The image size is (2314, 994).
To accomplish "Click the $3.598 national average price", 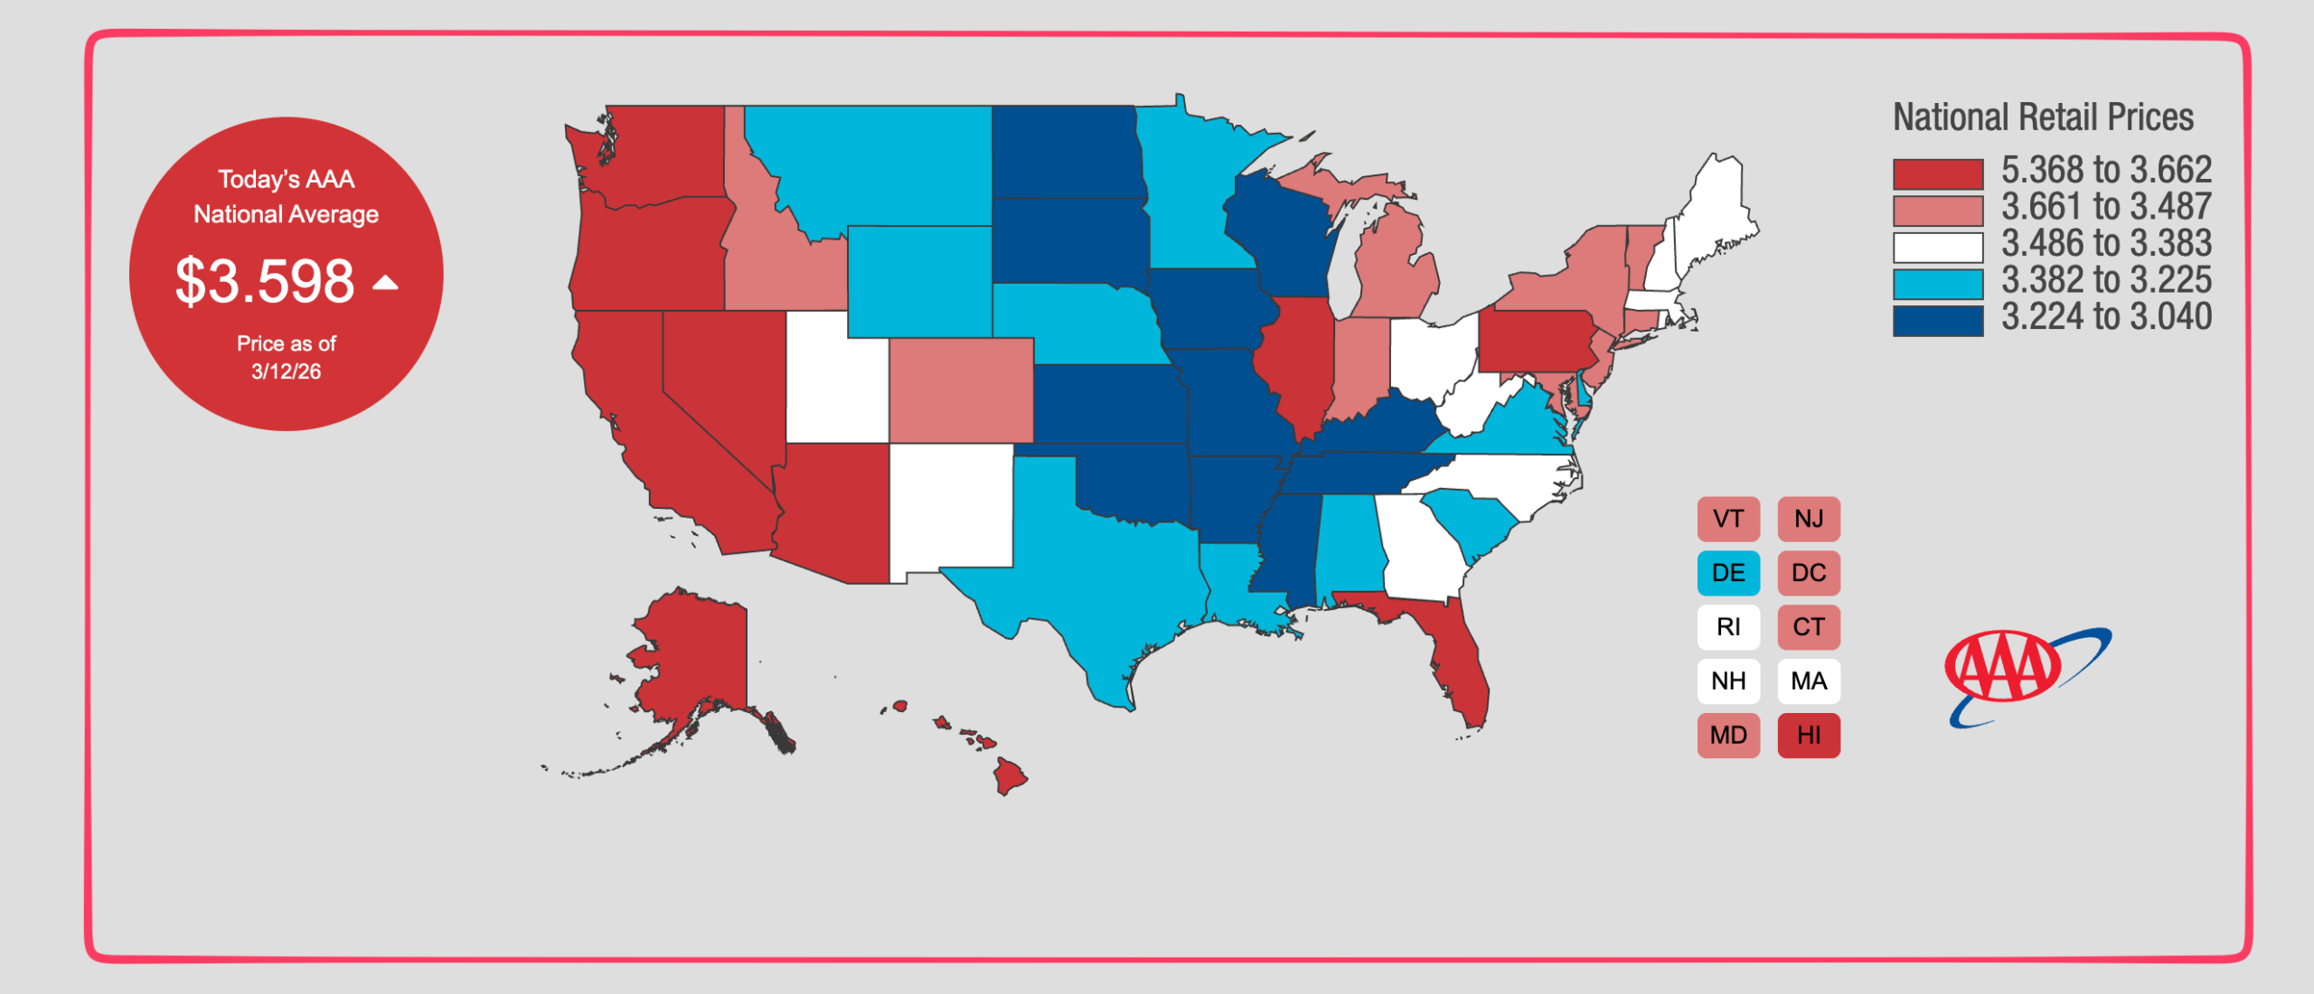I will click(264, 281).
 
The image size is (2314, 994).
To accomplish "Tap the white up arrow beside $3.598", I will click(386, 283).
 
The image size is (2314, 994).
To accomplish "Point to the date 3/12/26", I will click(286, 371).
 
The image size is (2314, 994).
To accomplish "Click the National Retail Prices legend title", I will click(2043, 117).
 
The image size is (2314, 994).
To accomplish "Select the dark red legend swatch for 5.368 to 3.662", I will click(1938, 173).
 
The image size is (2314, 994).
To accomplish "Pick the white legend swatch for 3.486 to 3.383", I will click(1938, 247).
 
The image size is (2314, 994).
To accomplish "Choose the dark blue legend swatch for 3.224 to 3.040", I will click(1938, 320).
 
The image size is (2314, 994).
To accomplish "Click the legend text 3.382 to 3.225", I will click(2106, 280).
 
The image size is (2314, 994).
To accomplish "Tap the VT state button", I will click(1728, 519).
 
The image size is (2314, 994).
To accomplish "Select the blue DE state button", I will click(1728, 573).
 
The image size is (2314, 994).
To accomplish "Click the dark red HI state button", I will click(1809, 736).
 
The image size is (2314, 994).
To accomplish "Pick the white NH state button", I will click(1728, 681).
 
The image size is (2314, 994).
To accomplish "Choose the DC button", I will click(1809, 573).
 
